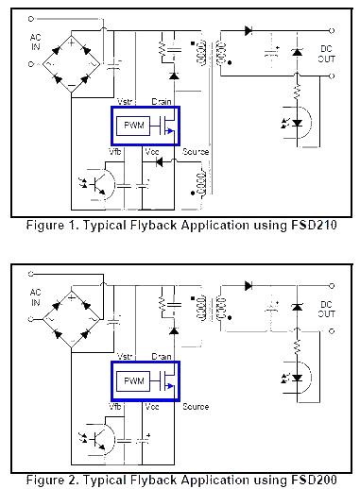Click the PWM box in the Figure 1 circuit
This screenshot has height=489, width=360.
[130, 125]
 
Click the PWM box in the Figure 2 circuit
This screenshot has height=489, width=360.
[130, 381]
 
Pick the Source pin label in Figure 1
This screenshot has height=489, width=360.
[197, 151]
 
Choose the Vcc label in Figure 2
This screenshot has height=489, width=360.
[151, 407]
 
